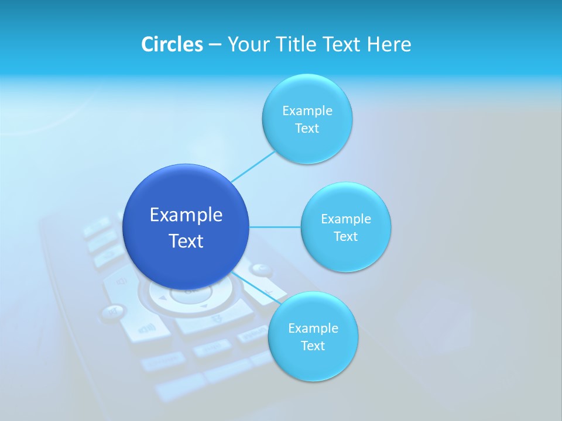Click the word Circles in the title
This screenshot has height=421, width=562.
tap(172, 44)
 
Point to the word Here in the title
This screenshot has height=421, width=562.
tap(389, 44)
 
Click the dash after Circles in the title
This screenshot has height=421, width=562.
tap(214, 45)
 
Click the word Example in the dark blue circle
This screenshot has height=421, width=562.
tap(186, 215)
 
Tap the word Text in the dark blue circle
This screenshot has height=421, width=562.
tap(186, 241)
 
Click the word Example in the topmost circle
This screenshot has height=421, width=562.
tap(307, 111)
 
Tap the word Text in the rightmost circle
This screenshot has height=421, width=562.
tap(346, 237)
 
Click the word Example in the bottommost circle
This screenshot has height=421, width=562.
tap(313, 328)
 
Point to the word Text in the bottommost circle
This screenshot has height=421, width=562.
tap(313, 346)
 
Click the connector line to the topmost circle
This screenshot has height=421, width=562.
tap(253, 166)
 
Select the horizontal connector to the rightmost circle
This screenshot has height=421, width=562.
tap(275, 227)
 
